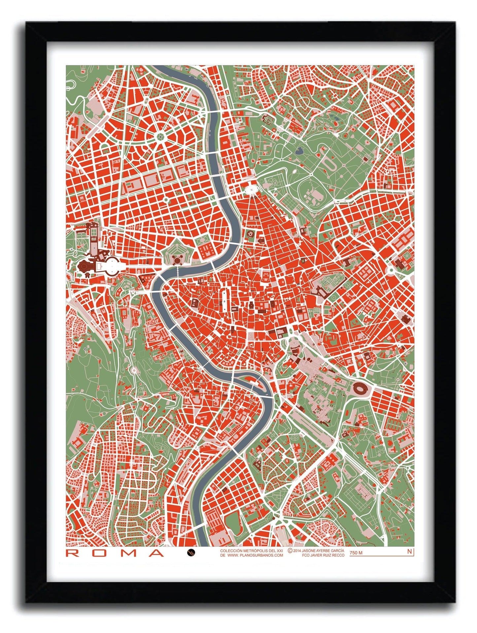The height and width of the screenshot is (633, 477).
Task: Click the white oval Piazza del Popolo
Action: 252,190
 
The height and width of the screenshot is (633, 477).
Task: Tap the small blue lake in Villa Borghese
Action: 299,151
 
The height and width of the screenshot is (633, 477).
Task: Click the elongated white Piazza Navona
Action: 224,300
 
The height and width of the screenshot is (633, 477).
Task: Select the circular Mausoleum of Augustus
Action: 250,235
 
